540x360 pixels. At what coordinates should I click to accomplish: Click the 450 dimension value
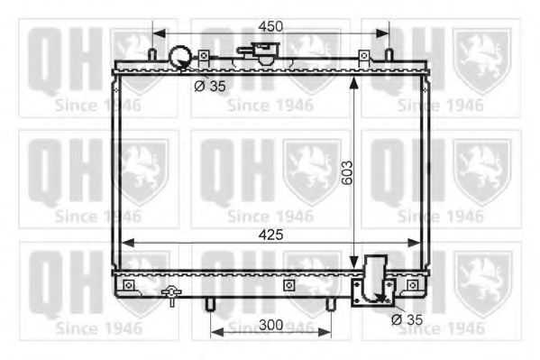click(x=271, y=27)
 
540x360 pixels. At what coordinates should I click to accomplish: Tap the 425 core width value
click(x=270, y=235)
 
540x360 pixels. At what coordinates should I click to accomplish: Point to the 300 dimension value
click(x=271, y=324)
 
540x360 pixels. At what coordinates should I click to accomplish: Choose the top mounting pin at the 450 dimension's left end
click(x=152, y=55)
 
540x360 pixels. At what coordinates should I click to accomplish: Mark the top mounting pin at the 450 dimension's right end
click(x=389, y=55)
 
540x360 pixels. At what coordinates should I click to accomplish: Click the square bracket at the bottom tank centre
click(x=288, y=285)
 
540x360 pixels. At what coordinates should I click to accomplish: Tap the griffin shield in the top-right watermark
click(x=481, y=60)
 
